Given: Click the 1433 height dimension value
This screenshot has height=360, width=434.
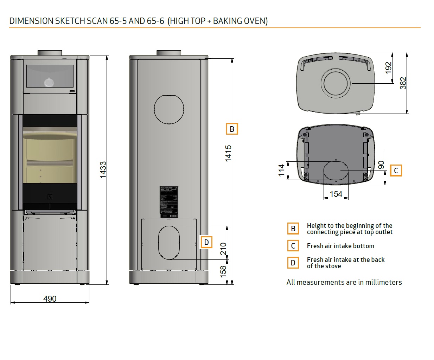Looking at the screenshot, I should pyautogui.click(x=103, y=170).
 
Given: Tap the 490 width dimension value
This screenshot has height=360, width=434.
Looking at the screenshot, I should pyautogui.click(x=50, y=298).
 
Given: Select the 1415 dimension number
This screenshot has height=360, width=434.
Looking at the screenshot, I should pyautogui.click(x=228, y=154).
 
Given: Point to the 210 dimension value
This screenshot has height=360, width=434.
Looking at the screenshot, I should pyautogui.click(x=223, y=249).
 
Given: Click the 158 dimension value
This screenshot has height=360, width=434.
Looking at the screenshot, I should pyautogui.click(x=223, y=272).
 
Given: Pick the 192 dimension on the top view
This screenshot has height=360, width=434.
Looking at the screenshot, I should pyautogui.click(x=388, y=68).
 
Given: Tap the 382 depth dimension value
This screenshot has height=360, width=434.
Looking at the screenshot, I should pyautogui.click(x=403, y=83).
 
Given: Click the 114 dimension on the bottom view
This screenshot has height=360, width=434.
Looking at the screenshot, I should pyautogui.click(x=281, y=170).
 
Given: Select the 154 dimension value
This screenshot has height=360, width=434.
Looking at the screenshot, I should pyautogui.click(x=336, y=194).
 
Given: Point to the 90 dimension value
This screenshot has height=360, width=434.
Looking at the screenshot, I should pyautogui.click(x=381, y=165).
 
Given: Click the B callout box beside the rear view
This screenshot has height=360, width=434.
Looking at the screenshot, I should pyautogui.click(x=232, y=129).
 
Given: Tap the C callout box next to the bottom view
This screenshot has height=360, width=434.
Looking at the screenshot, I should pyautogui.click(x=396, y=171).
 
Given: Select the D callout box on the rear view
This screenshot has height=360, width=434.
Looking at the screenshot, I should pyautogui.click(x=206, y=242).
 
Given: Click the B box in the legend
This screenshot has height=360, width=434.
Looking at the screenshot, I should pyautogui.click(x=293, y=229).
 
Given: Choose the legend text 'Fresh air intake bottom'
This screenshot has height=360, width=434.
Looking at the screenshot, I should pyautogui.click(x=340, y=246).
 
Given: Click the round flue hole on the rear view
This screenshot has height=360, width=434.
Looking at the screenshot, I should pyautogui.click(x=169, y=109).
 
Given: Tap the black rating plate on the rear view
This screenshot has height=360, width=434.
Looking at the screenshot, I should pyautogui.click(x=169, y=200).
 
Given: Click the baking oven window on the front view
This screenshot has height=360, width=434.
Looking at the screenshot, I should pyautogui.click(x=50, y=77).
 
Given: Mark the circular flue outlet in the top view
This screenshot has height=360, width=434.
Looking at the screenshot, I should pyautogui.click(x=337, y=84).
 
